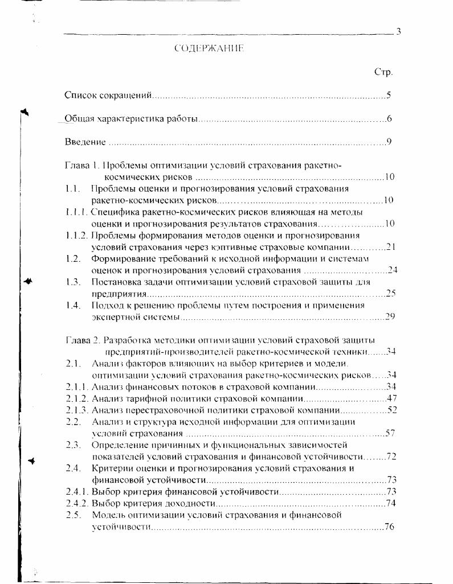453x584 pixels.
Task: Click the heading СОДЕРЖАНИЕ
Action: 209,49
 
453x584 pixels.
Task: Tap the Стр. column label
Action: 383,72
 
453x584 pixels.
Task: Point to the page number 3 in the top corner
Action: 398,31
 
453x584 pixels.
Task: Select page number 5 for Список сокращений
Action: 388,95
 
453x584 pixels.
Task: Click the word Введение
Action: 85,142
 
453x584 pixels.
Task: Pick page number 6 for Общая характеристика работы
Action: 389,119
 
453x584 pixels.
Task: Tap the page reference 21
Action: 390,246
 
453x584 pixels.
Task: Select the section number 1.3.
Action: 72,282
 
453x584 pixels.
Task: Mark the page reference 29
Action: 390,316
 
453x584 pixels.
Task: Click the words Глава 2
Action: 83,340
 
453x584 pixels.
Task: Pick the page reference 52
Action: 391,410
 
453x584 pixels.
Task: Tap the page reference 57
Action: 390,433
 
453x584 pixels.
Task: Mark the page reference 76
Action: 390,527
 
